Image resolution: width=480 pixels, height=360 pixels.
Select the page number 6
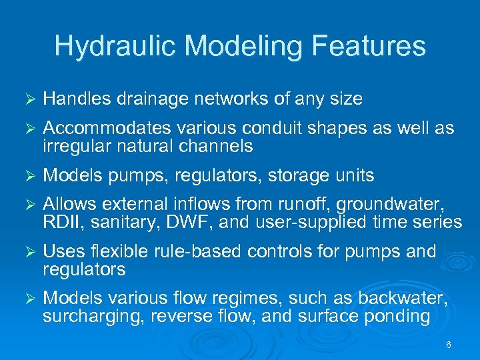point(448,345)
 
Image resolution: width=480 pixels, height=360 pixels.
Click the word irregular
point(73,147)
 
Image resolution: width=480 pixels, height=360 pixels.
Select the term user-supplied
point(313,223)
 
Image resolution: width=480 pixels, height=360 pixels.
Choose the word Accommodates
point(105,128)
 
